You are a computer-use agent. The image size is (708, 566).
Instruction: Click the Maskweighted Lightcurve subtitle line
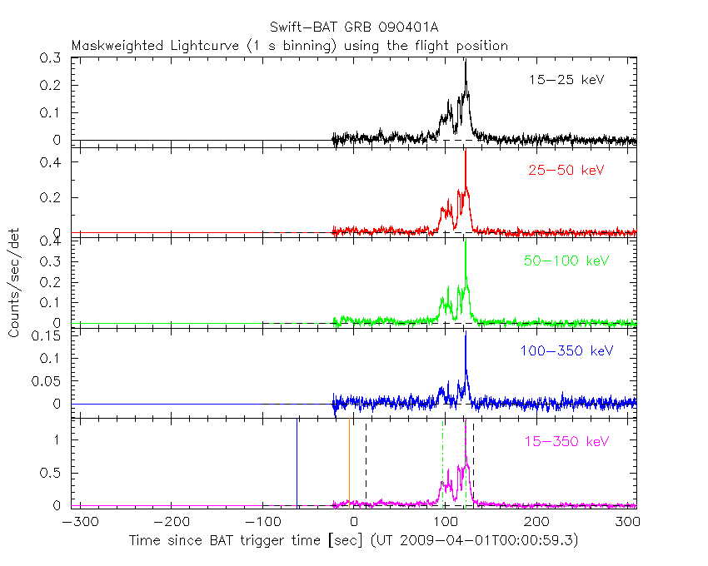(289, 46)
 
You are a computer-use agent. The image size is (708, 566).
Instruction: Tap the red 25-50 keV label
(566, 171)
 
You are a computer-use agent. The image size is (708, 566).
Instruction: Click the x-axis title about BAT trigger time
(353, 541)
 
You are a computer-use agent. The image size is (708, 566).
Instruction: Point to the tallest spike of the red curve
(466, 152)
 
